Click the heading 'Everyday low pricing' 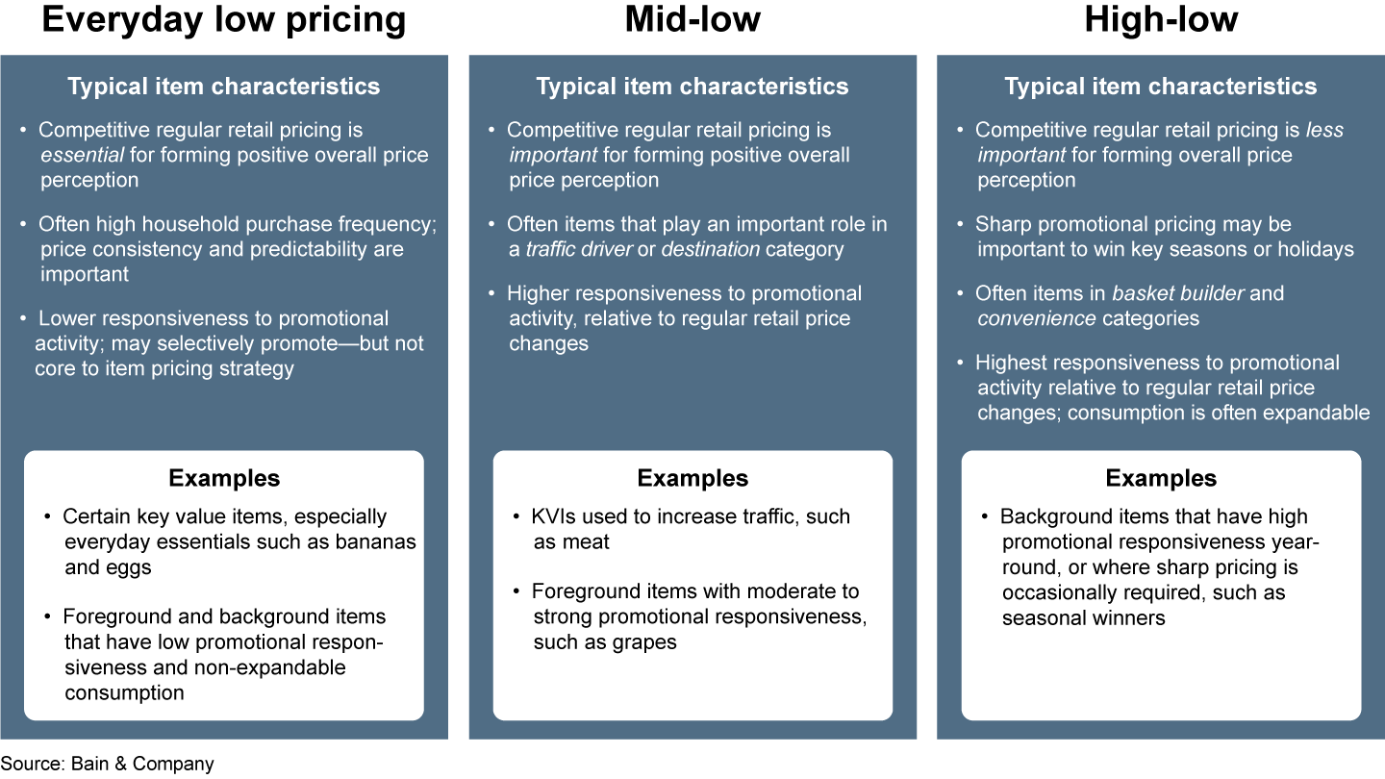pos(224,20)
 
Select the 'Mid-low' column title pos(692,20)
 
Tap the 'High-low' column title pos(1161,20)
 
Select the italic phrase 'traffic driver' pos(578,249)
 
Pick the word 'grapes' pos(646,641)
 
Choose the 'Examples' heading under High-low pos(1161,478)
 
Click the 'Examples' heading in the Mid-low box pos(692,478)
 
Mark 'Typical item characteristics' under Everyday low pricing pos(224,87)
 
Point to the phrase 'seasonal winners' pos(1083,617)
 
